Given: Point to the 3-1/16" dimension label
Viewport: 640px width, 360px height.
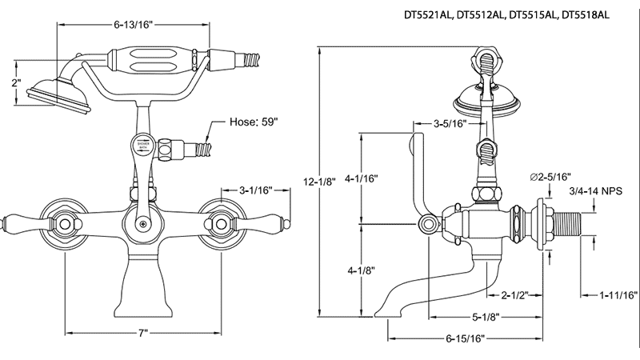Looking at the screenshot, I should (257, 190).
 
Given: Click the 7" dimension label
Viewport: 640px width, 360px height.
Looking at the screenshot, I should (143, 332).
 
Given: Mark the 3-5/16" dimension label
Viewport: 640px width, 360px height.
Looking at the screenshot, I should (450, 124).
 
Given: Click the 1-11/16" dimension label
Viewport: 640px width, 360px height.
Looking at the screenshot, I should (618, 295).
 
